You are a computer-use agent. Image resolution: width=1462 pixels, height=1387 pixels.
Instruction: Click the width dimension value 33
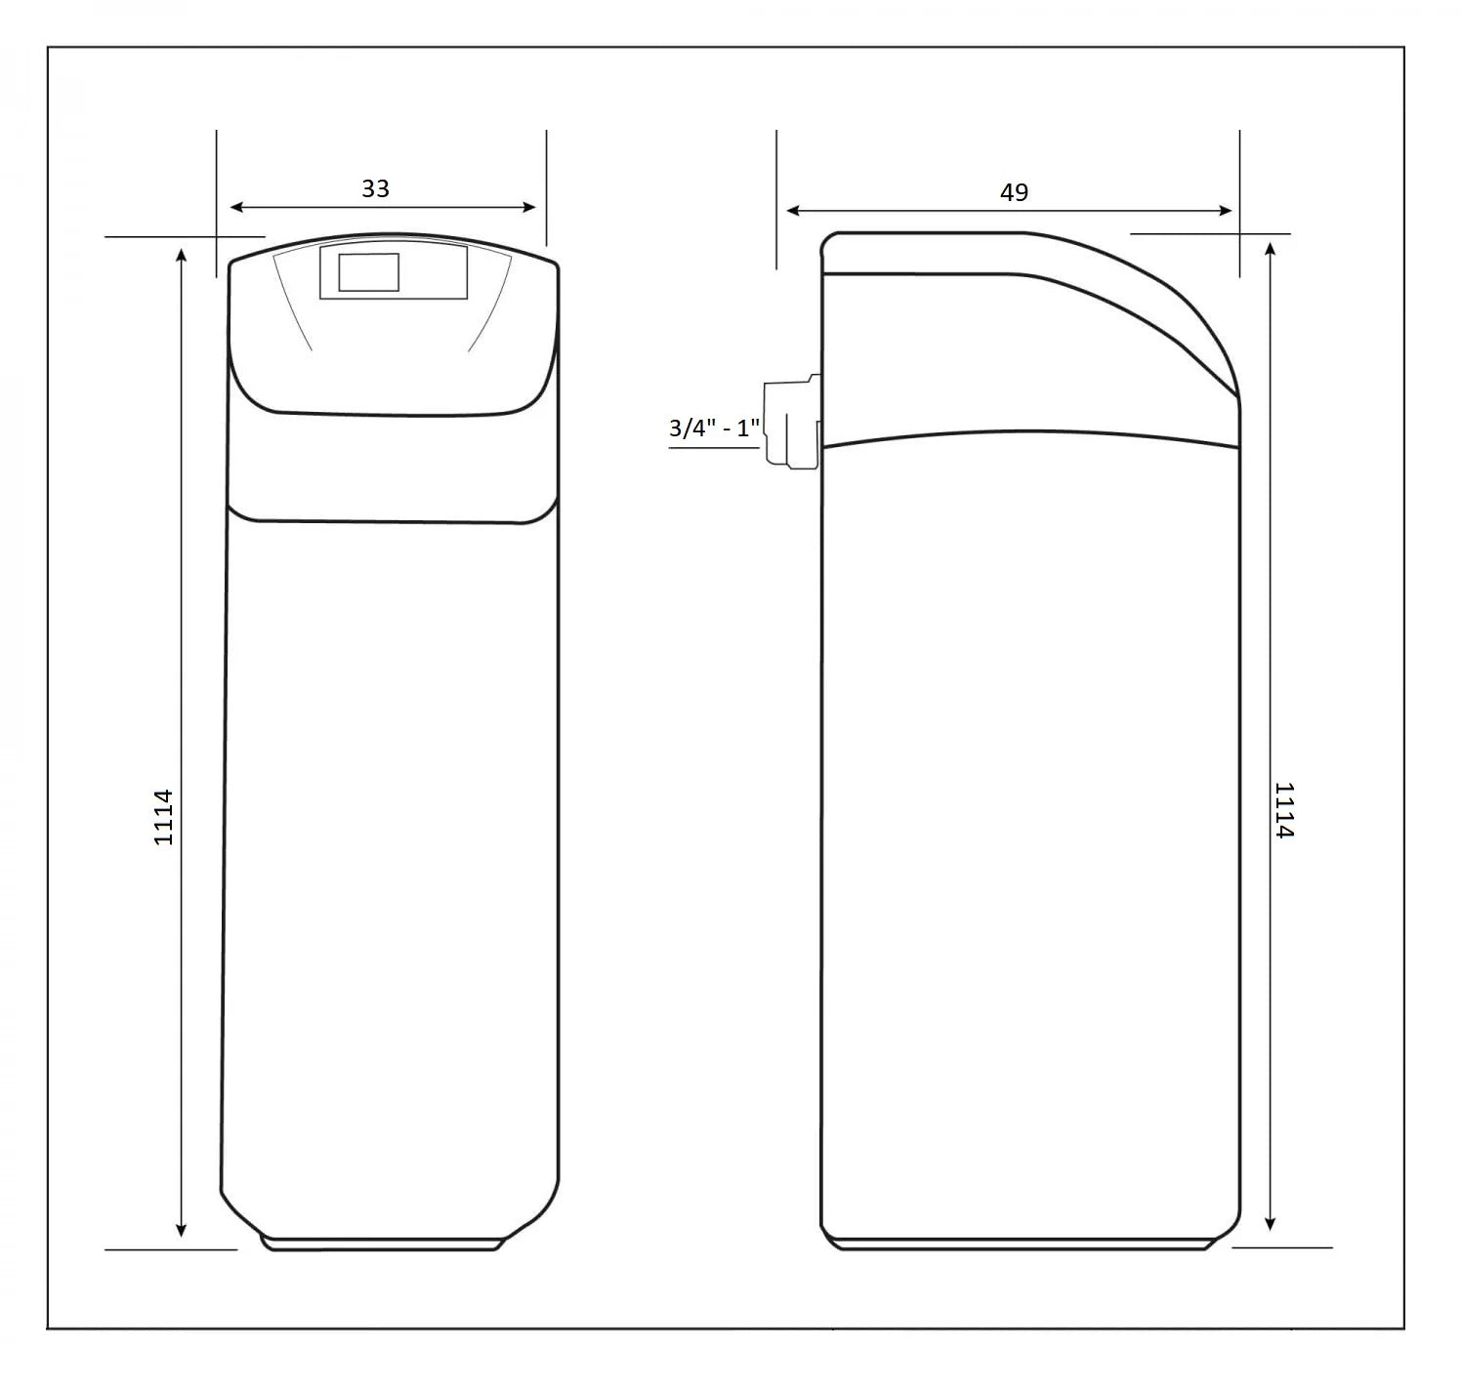376,188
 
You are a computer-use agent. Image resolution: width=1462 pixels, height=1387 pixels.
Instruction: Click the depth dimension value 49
1014,192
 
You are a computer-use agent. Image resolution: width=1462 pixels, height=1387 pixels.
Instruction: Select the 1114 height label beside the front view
164,817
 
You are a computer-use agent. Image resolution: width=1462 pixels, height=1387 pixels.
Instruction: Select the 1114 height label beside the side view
1284,810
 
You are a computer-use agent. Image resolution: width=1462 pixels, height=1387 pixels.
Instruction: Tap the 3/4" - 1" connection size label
715,428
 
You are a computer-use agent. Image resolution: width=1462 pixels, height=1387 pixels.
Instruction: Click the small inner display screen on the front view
369,272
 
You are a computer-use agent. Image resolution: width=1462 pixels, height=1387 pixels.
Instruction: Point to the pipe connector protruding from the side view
792,423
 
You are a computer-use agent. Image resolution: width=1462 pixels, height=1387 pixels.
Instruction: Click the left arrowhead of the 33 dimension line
237,207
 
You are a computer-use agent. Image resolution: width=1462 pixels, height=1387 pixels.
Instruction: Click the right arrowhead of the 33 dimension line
528,207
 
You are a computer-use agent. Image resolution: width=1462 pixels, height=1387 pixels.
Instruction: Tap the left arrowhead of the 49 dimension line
793,211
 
